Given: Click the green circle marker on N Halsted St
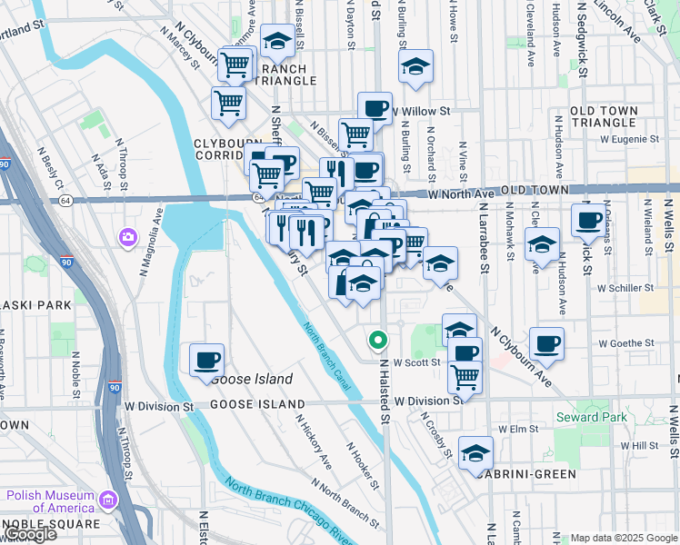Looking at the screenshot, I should (378, 342).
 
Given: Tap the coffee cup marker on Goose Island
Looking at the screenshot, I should (206, 360).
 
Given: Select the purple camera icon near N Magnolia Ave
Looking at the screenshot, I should (127, 238).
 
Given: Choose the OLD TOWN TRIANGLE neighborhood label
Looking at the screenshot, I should (616, 116).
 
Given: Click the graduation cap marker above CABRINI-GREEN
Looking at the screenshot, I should (475, 452).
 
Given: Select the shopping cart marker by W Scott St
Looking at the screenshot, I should (465, 375).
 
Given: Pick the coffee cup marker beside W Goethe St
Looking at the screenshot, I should (546, 343).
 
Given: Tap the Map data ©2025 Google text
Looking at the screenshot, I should (623, 538).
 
